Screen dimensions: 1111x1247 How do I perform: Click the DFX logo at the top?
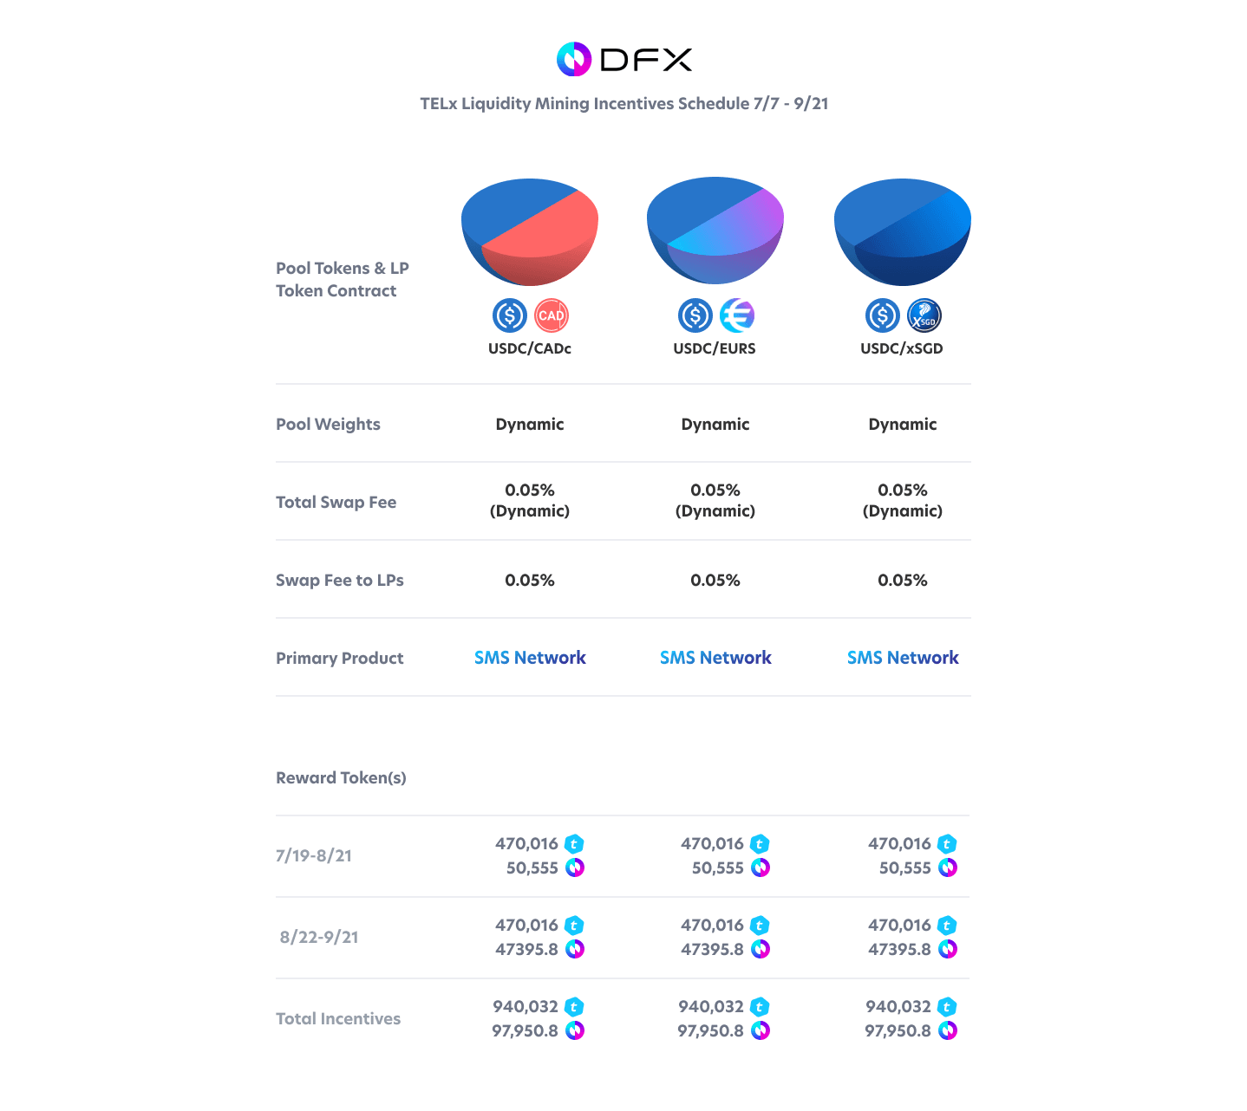click(623, 59)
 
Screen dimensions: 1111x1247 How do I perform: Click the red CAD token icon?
click(551, 315)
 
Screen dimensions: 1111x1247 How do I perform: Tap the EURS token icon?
click(737, 315)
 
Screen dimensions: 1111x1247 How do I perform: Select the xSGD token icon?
click(924, 315)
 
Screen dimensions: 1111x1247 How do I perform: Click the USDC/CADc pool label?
click(529, 348)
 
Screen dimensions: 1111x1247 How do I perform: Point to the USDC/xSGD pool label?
click(901, 348)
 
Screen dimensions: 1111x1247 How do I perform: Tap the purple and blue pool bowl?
click(715, 231)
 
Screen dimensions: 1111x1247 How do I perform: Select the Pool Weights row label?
click(328, 424)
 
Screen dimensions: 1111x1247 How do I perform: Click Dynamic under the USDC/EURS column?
click(715, 424)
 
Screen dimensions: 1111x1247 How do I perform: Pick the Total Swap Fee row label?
click(336, 502)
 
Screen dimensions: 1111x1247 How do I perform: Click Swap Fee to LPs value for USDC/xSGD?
click(902, 580)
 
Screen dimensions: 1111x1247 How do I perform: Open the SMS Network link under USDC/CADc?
click(529, 658)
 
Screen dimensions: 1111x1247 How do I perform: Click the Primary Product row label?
click(339, 658)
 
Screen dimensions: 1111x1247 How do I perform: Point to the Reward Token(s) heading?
click(341, 777)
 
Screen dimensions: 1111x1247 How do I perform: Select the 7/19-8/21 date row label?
click(314, 855)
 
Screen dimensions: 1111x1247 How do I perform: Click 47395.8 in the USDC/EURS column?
click(712, 949)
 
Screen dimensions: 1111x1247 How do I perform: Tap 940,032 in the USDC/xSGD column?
click(898, 1006)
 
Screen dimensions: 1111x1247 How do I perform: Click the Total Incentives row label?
click(338, 1018)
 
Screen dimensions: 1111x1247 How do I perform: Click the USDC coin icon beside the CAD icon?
click(509, 315)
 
